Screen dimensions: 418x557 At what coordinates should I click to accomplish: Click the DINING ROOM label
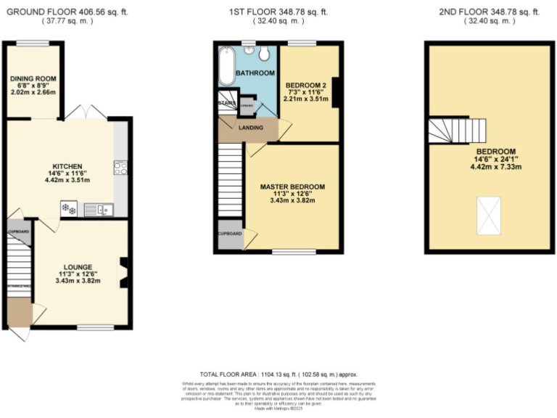click(x=31, y=80)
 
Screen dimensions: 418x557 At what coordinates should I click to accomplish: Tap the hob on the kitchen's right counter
click(x=120, y=168)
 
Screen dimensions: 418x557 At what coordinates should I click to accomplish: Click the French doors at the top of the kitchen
click(x=86, y=113)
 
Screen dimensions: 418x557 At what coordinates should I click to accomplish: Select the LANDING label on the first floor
click(x=248, y=128)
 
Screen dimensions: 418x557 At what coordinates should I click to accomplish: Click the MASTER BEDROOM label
click(x=292, y=187)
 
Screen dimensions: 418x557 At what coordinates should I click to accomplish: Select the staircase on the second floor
click(x=455, y=132)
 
